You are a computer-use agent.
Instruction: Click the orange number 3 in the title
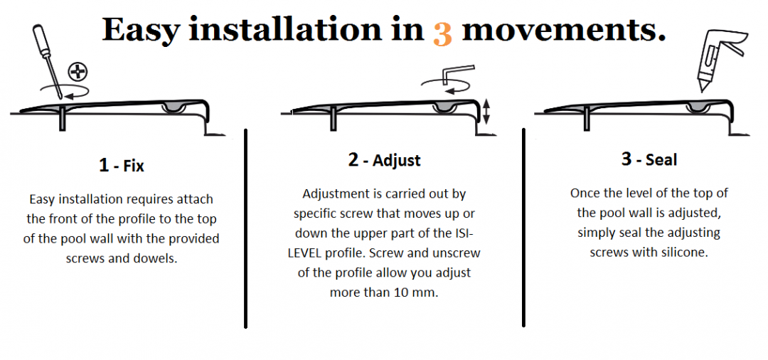coord(442,34)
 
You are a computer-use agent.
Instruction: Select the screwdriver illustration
coord(47,61)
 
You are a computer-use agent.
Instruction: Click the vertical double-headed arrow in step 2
coord(486,111)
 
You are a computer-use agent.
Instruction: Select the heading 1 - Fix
coord(122,165)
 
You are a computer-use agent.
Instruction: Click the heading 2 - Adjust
coord(385,160)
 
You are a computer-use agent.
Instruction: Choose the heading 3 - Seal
coord(649,159)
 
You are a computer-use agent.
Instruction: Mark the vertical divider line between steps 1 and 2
coord(245,228)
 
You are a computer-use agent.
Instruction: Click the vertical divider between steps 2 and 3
coord(523,227)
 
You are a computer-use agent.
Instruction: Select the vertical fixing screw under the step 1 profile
coord(62,118)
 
